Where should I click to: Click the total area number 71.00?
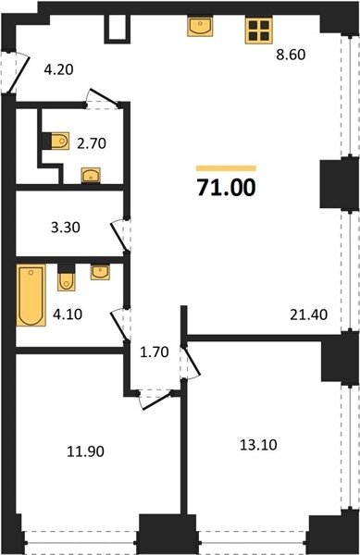click(x=226, y=187)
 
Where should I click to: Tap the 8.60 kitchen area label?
click(x=291, y=55)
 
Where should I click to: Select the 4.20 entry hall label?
click(x=58, y=69)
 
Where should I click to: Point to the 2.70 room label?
click(x=92, y=143)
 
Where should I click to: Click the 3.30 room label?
click(x=66, y=227)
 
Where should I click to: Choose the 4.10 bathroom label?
click(x=68, y=314)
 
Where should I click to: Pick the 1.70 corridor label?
click(x=155, y=352)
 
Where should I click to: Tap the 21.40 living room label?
click(x=309, y=314)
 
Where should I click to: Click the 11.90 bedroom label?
click(x=86, y=451)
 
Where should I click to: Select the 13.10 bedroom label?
click(x=258, y=445)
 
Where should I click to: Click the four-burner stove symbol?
click(x=259, y=31)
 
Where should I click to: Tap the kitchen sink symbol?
click(x=200, y=26)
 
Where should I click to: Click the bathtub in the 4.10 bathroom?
click(x=31, y=295)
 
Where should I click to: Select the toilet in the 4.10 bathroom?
click(x=67, y=277)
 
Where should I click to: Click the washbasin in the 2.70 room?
click(x=91, y=175)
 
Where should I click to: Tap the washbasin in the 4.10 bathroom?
click(x=100, y=272)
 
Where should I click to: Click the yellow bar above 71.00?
click(x=226, y=168)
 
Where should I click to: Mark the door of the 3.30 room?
click(x=120, y=235)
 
